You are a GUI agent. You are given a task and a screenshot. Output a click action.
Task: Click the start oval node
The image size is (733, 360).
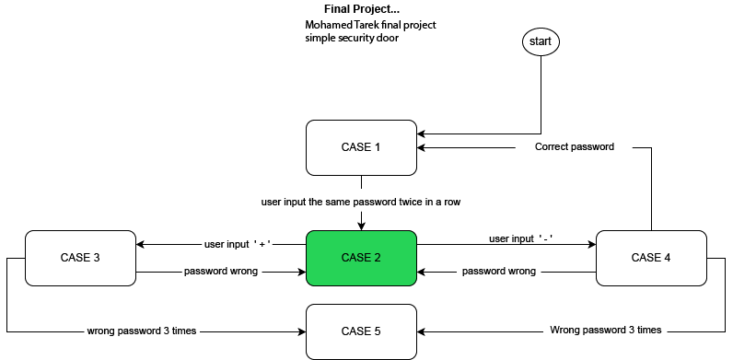541,41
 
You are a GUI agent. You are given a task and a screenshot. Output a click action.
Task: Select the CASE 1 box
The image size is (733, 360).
361,147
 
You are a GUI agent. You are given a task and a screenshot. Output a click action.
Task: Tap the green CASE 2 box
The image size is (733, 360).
361,258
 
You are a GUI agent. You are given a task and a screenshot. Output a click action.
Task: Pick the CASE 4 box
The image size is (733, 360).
653,258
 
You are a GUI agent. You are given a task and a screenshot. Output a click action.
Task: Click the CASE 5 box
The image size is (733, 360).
361,331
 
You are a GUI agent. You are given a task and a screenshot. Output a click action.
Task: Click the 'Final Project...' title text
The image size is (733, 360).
361,8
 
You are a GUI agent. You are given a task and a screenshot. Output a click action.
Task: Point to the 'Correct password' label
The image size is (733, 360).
574,146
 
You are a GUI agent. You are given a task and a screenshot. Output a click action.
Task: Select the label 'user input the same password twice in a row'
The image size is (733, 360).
360,201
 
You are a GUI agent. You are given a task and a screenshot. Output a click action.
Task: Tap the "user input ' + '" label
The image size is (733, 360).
237,245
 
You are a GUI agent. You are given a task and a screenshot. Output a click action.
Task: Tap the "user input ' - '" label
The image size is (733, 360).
520,239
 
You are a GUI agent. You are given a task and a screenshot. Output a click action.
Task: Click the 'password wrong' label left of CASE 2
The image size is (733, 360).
221,272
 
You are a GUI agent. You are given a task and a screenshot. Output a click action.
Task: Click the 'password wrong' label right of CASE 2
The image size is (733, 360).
498,272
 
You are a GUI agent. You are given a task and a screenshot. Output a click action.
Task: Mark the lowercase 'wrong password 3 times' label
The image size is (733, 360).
141,330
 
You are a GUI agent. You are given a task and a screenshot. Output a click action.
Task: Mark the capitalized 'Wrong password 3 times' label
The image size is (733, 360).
605,330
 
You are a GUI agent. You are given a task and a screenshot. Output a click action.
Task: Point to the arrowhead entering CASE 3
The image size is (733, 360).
139,245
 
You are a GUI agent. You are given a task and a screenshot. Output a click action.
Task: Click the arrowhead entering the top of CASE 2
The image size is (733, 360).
361,226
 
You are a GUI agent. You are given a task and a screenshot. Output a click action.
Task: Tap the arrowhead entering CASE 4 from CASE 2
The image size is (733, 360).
591,245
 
